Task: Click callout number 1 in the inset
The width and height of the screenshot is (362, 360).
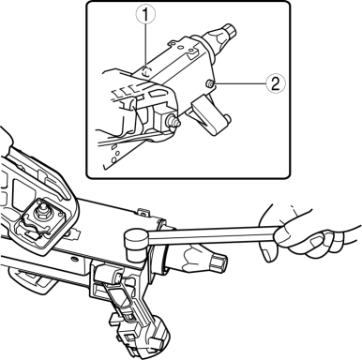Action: (144, 15)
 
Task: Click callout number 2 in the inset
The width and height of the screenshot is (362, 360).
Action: (276, 83)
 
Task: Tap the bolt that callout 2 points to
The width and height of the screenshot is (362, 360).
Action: (210, 83)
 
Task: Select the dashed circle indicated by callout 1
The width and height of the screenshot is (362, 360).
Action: (146, 71)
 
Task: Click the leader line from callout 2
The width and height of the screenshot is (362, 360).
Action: (240, 83)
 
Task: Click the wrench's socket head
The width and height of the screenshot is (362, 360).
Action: (136, 244)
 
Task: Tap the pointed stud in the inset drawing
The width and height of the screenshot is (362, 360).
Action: (173, 120)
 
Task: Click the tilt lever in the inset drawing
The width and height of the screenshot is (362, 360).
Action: (209, 116)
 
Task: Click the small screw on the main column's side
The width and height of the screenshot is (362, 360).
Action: (74, 259)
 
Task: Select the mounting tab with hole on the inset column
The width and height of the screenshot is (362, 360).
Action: (173, 43)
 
